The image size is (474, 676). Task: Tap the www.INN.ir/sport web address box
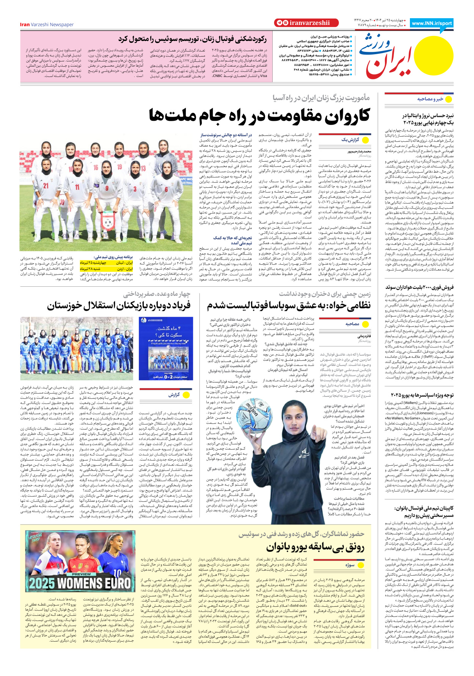click(432, 23)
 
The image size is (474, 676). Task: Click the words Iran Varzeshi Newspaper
click(47, 25)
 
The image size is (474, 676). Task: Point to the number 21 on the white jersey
click(46, 186)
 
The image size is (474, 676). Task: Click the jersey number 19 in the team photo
click(119, 167)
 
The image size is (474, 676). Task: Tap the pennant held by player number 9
click(107, 221)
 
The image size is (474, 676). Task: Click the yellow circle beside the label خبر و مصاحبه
click(449, 99)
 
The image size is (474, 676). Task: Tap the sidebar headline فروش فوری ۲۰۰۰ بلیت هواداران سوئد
click(419, 287)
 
